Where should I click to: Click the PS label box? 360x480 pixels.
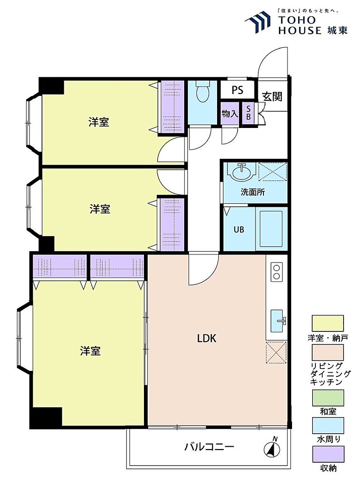click(x=238, y=90)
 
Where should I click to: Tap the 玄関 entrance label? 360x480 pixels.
click(x=272, y=97)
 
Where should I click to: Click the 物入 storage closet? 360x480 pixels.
click(x=230, y=113)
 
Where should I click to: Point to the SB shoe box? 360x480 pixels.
click(x=248, y=113)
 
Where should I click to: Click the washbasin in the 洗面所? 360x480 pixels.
click(x=242, y=172)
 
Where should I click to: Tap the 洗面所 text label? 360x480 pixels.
click(x=253, y=192)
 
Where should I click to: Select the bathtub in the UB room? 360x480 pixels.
click(x=271, y=228)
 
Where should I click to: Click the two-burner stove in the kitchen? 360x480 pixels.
click(x=277, y=272)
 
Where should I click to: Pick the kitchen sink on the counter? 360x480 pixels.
click(x=278, y=321)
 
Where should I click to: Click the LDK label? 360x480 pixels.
click(x=207, y=338)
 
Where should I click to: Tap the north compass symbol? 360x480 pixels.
click(x=272, y=449)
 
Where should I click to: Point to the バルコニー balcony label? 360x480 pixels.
click(x=209, y=447)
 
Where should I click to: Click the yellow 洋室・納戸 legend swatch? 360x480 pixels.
click(x=328, y=323)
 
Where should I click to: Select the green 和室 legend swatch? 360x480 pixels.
click(x=328, y=397)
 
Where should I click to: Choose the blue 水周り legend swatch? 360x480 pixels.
click(x=328, y=426)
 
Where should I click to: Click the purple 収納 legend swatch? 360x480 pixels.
click(x=328, y=454)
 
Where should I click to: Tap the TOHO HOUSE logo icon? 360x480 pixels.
click(x=258, y=22)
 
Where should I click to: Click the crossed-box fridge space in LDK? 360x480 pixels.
click(x=276, y=353)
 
